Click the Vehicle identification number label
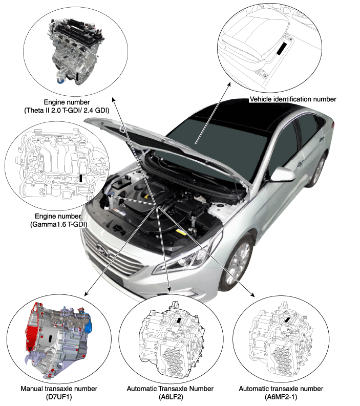[293, 99]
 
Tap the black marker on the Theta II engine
[78, 77]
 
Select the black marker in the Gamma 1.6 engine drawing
[81, 178]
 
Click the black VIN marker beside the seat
[282, 49]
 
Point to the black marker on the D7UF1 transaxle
[50, 338]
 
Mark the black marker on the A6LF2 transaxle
[179, 319]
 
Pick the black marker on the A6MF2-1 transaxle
[287, 320]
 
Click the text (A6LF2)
[171, 397]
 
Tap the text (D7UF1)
[59, 397]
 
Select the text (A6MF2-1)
[281, 397]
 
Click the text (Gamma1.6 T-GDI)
[58, 224]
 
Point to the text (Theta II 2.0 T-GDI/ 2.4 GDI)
[67, 111]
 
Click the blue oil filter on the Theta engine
[61, 80]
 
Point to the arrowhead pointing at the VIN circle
[229, 84]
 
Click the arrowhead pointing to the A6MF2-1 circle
[252, 295]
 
